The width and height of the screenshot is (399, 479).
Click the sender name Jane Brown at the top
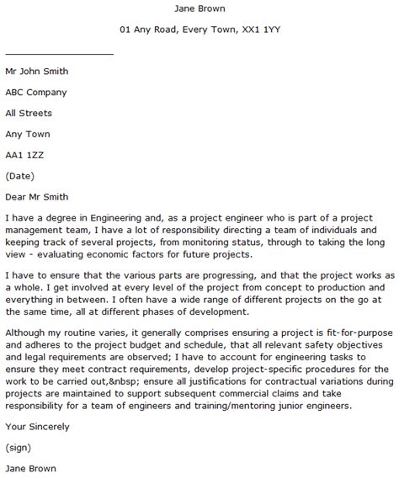[x=199, y=9]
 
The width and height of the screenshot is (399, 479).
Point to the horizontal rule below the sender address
[x=59, y=53]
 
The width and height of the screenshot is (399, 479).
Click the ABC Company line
[x=36, y=93]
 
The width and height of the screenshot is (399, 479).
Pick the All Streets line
[x=29, y=113]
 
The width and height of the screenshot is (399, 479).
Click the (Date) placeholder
[x=21, y=175]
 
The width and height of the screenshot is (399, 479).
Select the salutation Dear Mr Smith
[x=38, y=196]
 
